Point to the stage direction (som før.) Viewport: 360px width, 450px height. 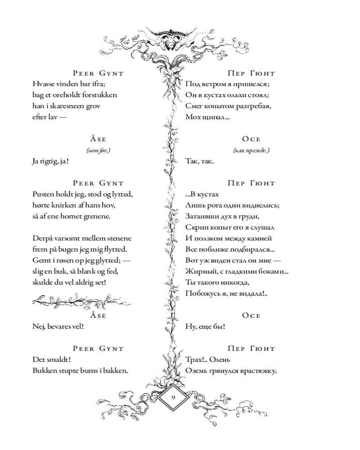pos(98,150)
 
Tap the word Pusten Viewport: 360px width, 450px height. pos(43,194)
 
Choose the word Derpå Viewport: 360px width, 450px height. pos(43,238)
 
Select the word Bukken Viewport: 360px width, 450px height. pos(45,371)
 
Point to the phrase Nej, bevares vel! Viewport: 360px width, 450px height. pos(58,327)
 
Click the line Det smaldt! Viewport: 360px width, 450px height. pos(52,360)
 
